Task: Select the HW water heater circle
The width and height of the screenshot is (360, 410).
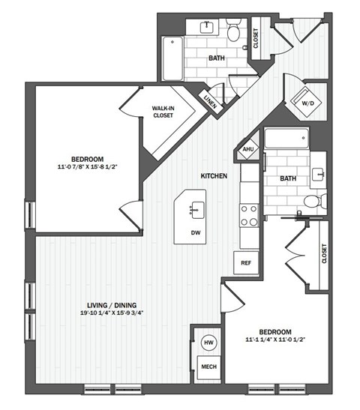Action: coord(208,343)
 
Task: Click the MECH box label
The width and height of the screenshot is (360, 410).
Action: coord(208,367)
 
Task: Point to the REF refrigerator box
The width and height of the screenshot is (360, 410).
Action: coord(246,263)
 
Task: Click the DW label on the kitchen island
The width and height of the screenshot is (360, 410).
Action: coord(194,232)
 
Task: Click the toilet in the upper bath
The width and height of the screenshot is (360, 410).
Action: coord(233,31)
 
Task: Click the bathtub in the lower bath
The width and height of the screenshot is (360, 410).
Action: coord(286,139)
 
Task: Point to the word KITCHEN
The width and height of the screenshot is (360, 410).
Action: coord(214,175)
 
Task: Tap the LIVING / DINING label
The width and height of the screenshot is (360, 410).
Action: coord(111,304)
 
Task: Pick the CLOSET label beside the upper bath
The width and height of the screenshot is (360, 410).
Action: coord(256,37)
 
